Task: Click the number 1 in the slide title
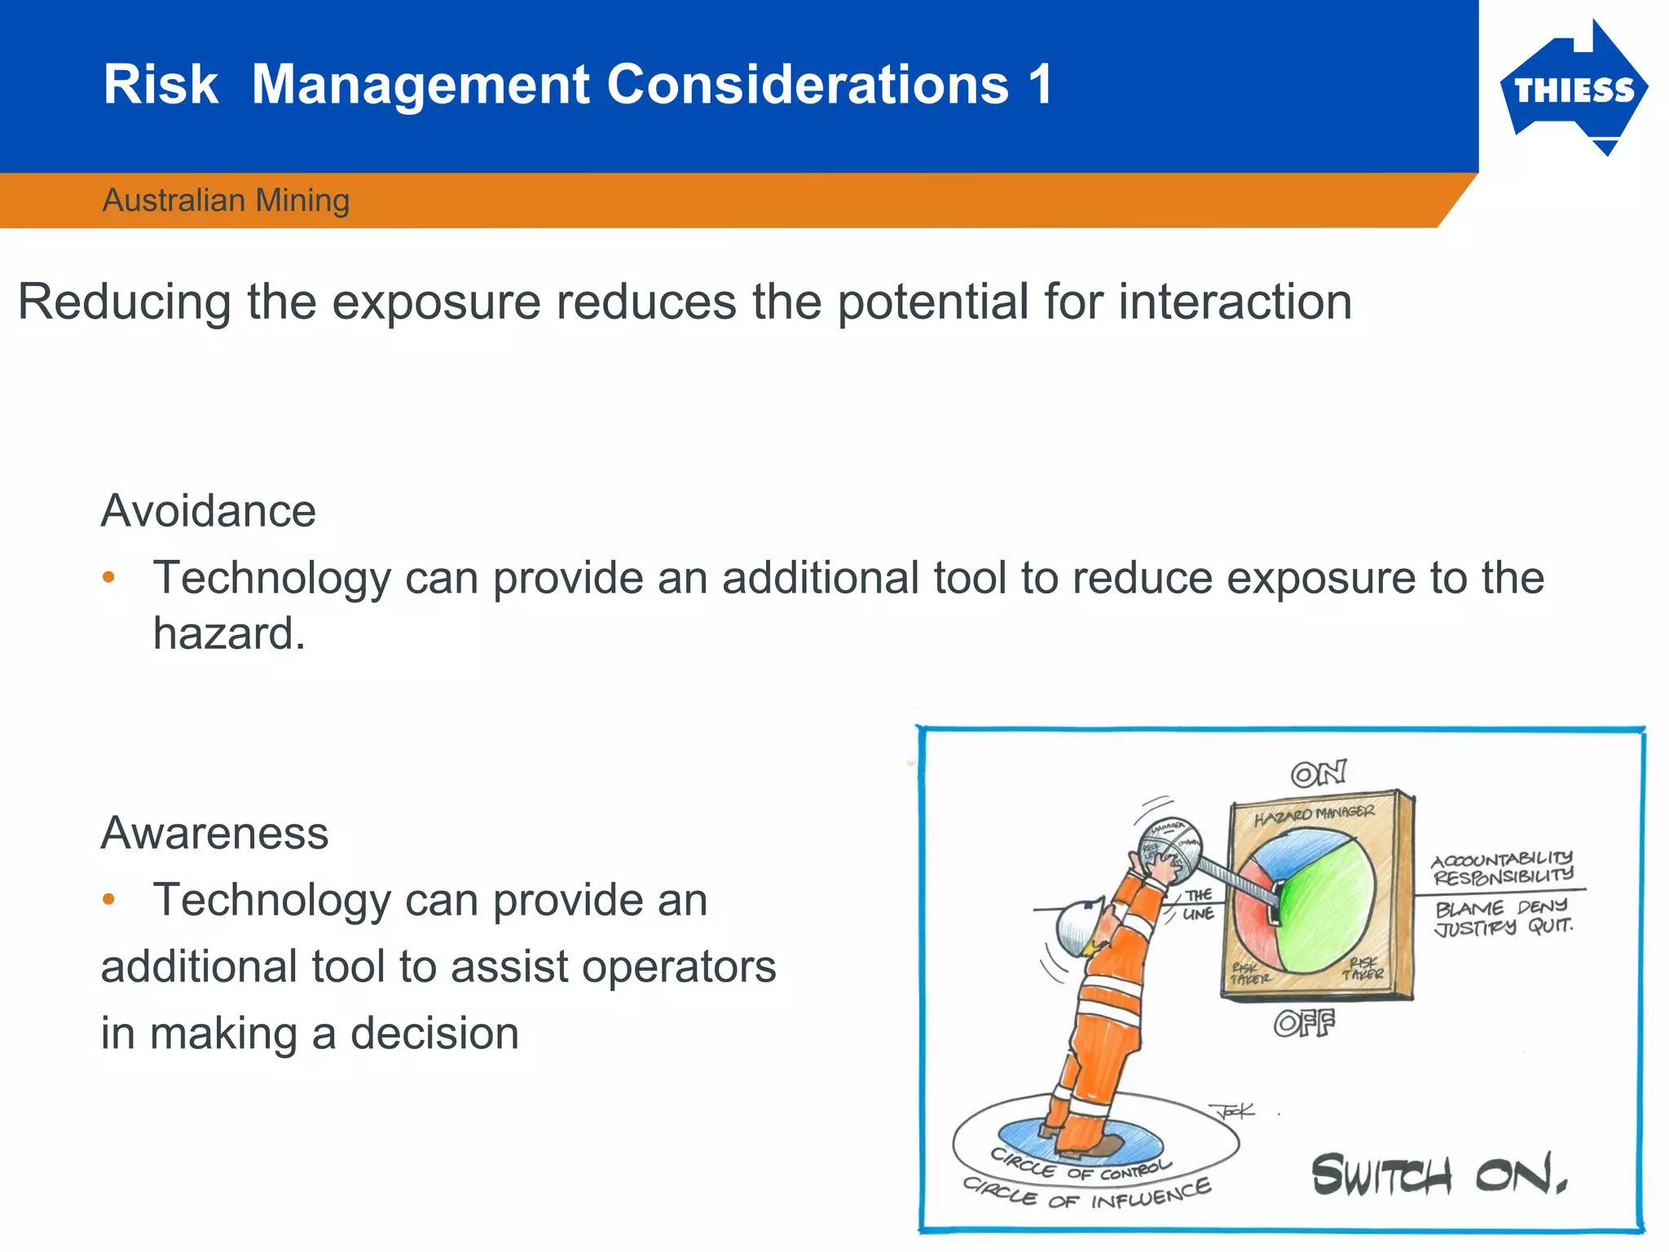pos(1039,85)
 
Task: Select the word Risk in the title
pos(161,85)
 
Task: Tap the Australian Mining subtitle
pos(226,201)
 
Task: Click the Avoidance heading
pos(208,512)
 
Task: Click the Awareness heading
pos(214,834)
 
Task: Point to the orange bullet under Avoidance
pos(108,578)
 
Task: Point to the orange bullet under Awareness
pos(108,900)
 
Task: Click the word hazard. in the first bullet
pos(229,634)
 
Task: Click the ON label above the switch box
pos(1318,773)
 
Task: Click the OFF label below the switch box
pos(1304,1023)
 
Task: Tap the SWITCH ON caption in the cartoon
pos(1438,1175)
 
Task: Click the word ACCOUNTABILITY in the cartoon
pos(1501,859)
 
